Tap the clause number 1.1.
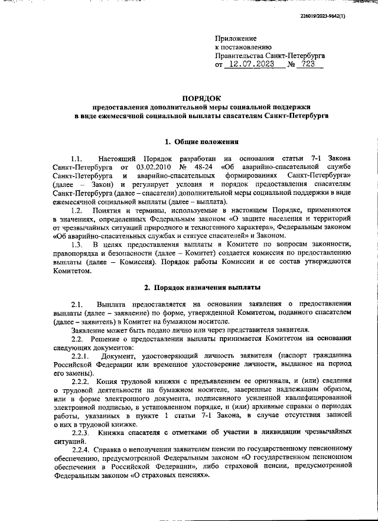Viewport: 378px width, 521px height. (x=76, y=159)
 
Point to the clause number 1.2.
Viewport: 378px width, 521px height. (x=76, y=211)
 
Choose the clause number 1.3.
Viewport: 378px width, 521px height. (x=76, y=245)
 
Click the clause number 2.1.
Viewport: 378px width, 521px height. (x=76, y=304)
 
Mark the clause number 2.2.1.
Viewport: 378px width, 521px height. (x=80, y=356)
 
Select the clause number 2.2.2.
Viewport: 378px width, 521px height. (x=80, y=382)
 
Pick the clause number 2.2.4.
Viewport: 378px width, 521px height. (x=80, y=450)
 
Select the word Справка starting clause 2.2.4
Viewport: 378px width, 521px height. (x=107, y=450)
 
